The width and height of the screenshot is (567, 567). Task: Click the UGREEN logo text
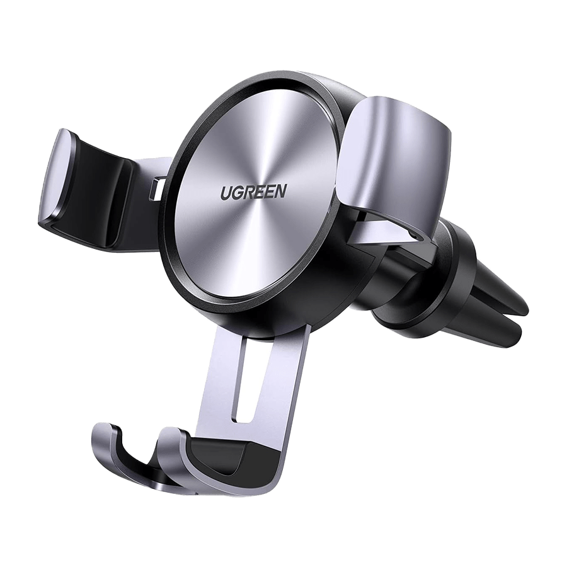tap(254, 192)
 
